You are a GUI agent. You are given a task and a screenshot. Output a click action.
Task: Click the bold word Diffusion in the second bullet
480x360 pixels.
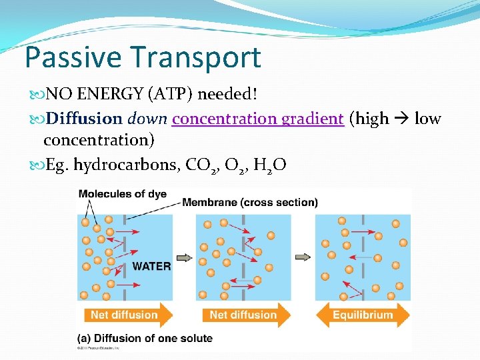pyautogui.click(x=84, y=119)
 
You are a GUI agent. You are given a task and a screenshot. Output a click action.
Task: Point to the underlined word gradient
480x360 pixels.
pyautogui.click(x=313, y=119)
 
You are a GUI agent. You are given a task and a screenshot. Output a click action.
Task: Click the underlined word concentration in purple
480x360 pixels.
pyautogui.click(x=224, y=119)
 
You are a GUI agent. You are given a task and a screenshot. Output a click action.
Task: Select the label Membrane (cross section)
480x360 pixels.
pyautogui.click(x=250, y=202)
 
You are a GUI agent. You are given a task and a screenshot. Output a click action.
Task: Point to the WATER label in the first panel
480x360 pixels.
pyautogui.click(x=151, y=266)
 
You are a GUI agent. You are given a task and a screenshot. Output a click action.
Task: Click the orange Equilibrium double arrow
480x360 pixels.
pyautogui.click(x=363, y=315)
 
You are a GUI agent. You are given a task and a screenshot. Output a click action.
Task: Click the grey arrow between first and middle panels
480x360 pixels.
pyautogui.click(x=185, y=257)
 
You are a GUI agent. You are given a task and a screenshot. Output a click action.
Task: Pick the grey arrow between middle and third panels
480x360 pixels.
pyautogui.click(x=303, y=257)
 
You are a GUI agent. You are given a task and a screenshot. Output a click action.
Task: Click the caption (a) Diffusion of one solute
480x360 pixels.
pyautogui.click(x=145, y=338)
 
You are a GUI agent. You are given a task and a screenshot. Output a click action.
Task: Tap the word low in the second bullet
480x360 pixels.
pyautogui.click(x=427, y=119)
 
